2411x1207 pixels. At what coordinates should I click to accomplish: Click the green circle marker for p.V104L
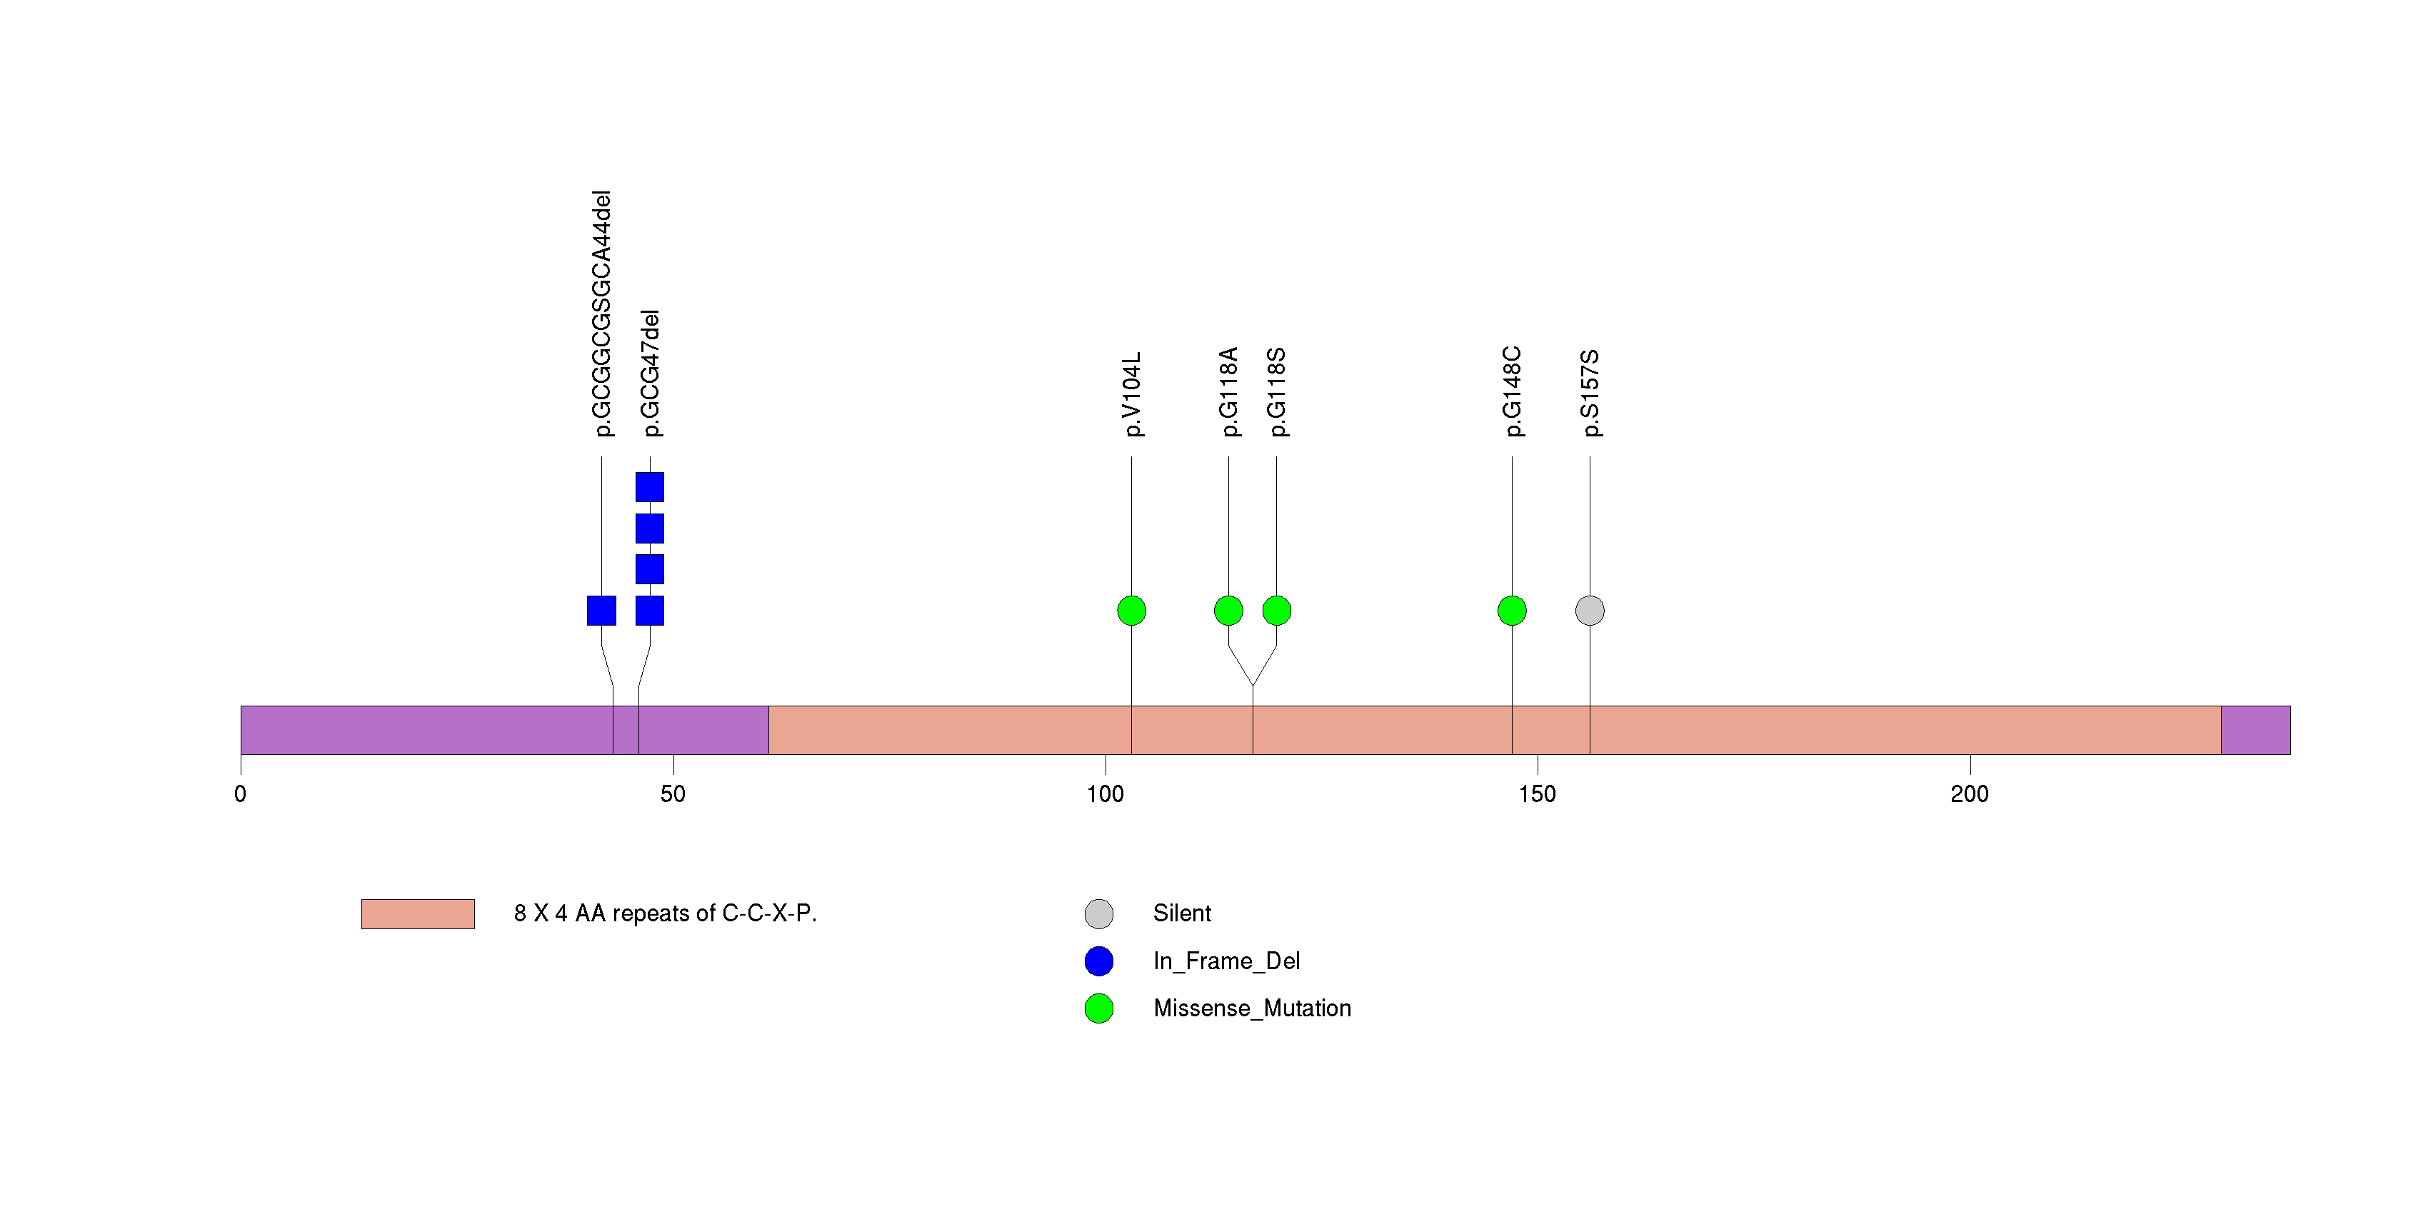coord(1131,611)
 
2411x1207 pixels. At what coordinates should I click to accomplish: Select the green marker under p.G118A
coord(1228,611)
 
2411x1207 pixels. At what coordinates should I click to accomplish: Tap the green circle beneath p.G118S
coord(1277,611)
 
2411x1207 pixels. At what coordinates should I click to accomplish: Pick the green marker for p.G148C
coord(1512,611)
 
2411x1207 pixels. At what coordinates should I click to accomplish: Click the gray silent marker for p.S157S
coord(1589,611)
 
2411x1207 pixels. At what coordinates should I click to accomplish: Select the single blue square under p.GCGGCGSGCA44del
coord(601,611)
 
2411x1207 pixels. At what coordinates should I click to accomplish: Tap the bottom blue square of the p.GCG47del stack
coord(650,611)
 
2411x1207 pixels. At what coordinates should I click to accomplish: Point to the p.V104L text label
coord(1131,394)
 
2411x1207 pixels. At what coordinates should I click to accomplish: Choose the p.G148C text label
coord(1513,391)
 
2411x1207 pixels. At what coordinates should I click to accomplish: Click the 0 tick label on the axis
coord(241,794)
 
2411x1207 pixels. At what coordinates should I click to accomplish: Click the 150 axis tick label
coord(1537,794)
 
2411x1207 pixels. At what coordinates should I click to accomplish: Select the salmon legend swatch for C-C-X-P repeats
coord(418,914)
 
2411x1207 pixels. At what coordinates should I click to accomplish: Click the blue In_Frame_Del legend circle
coord(1099,961)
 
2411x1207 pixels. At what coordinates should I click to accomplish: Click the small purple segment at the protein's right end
coord(2255,730)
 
